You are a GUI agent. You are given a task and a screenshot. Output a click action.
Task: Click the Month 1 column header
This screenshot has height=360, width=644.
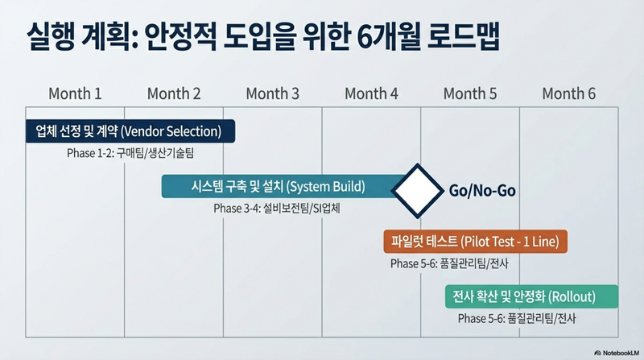click(75, 93)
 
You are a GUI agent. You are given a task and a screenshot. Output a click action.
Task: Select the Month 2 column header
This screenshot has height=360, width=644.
click(174, 93)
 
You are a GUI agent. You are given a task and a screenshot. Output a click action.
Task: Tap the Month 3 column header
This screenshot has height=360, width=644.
click(272, 93)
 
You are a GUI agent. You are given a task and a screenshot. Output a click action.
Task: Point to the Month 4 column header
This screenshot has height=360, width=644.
click(371, 93)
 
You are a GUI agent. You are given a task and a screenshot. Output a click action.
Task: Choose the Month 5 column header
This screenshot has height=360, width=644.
click(470, 93)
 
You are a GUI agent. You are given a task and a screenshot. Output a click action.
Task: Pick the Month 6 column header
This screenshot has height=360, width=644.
click(569, 93)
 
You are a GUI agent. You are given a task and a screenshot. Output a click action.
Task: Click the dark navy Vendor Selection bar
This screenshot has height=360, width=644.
click(130, 131)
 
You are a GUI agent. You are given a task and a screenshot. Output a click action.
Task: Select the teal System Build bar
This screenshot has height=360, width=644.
click(279, 187)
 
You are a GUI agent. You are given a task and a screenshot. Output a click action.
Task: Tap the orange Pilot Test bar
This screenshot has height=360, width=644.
click(475, 242)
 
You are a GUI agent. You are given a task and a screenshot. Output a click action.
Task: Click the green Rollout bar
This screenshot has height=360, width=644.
click(531, 296)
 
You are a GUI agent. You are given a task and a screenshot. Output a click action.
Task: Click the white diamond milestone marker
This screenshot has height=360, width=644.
click(418, 191)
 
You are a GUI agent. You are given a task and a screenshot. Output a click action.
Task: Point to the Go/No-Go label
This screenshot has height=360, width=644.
click(482, 191)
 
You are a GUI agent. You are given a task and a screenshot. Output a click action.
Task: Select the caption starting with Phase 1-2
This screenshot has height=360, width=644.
click(130, 153)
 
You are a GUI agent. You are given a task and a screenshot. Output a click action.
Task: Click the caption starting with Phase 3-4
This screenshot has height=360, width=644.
click(277, 209)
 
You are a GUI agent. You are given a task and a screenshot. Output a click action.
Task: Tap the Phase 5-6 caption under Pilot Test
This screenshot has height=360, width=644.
click(449, 263)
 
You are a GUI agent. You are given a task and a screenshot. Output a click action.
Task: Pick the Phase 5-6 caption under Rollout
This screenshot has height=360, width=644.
click(517, 318)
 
